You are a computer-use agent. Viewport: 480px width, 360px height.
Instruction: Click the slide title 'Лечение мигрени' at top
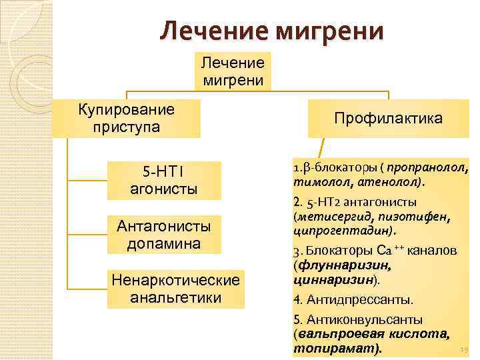[x=272, y=31]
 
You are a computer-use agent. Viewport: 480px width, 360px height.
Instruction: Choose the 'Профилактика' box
[x=388, y=118]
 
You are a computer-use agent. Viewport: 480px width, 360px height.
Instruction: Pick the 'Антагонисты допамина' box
[x=164, y=235]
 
